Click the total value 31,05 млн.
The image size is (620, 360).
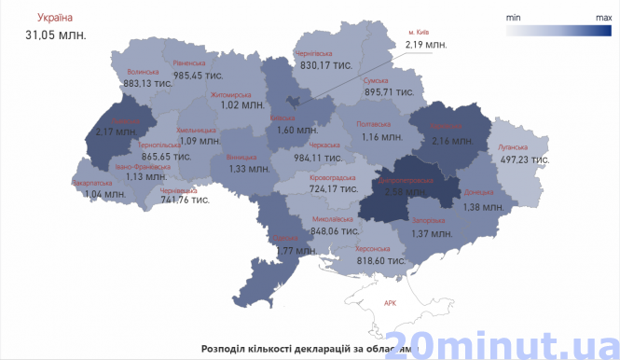tap(55, 35)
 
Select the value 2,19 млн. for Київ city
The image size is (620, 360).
tap(427, 45)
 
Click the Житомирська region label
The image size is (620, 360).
tap(230, 94)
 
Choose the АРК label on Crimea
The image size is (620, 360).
tap(390, 303)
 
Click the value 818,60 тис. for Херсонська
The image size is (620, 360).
tap(380, 263)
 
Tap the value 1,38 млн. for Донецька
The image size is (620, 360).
tap(483, 206)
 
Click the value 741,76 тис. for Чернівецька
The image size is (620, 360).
tap(185, 200)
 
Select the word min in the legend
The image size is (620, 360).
tap(513, 17)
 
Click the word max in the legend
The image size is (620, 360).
tap(603, 17)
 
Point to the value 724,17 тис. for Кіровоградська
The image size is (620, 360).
tap(335, 188)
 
